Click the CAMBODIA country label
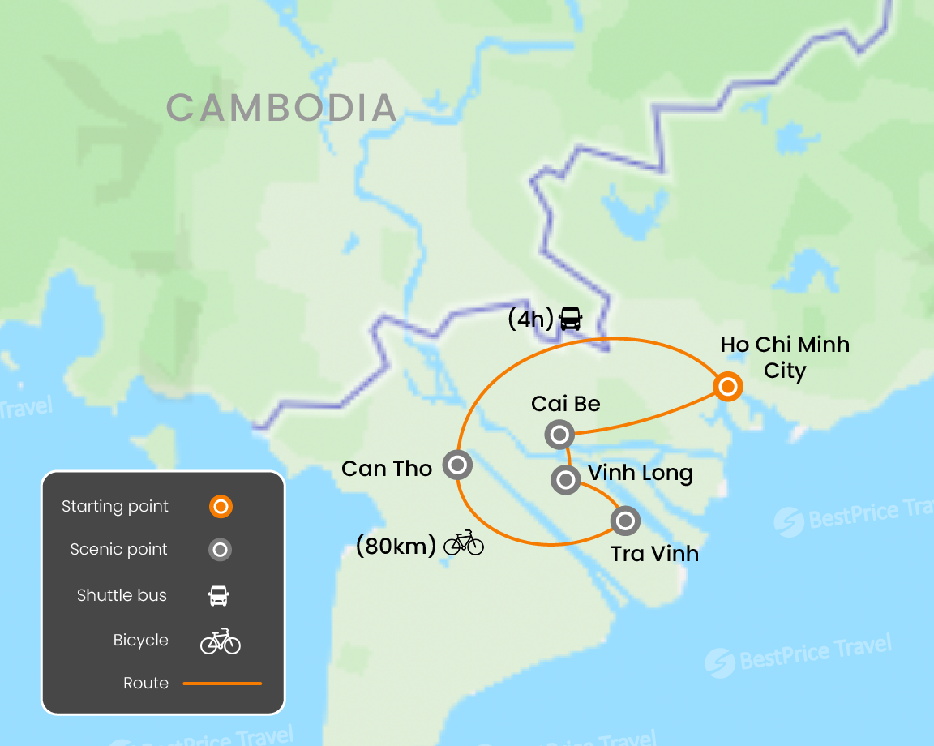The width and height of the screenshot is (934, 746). point(281,108)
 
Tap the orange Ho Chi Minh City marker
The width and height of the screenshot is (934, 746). point(727,387)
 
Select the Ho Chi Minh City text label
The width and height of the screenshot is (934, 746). point(784,358)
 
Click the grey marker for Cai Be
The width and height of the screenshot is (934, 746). point(559,435)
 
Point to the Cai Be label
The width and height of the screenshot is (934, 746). point(565,404)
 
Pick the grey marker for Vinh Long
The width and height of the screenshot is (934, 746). point(565,479)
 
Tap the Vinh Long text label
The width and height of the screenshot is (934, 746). point(640,473)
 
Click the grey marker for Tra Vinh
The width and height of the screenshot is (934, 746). point(625,520)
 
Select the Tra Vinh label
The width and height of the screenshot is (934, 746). point(654,554)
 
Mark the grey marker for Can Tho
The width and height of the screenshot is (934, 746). point(457,465)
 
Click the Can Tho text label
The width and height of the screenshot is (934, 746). point(387,469)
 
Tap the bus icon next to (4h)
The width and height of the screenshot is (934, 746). point(571,319)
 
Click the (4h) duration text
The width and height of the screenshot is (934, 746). point(530,319)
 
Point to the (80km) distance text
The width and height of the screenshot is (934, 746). point(396,546)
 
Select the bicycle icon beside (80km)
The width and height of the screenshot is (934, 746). point(464,542)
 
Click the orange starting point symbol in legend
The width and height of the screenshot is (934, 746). point(220,507)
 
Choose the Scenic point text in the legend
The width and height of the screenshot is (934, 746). point(118,550)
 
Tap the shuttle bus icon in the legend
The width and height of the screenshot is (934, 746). point(219,596)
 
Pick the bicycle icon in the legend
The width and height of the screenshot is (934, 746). point(221,641)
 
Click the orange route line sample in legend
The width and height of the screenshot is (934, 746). point(222,684)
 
